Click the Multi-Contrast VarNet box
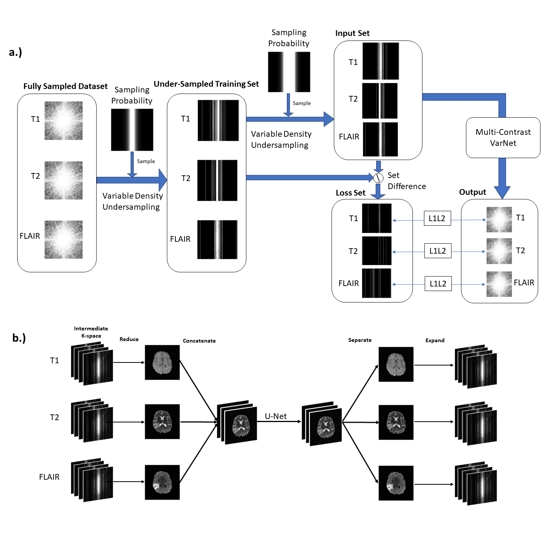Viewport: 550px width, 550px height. [503, 137]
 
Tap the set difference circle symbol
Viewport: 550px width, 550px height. [378, 178]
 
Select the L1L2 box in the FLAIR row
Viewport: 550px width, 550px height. [438, 284]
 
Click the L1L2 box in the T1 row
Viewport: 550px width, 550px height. [437, 218]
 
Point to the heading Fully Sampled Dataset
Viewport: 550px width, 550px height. [65, 86]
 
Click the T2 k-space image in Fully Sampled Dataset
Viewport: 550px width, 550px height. [63, 180]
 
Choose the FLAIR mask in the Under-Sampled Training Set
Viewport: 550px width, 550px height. [217, 239]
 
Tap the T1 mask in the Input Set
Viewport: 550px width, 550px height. [380, 61]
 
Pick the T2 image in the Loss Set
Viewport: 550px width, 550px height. [377, 251]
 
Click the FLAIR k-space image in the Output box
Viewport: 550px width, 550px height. [499, 284]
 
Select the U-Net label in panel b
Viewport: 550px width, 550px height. [276, 416]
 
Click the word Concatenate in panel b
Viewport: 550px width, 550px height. [199, 341]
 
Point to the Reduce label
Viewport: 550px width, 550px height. [129, 339]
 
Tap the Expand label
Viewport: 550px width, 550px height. [435, 340]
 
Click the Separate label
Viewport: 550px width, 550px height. [360, 340]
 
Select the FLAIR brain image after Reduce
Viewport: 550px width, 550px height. [162, 482]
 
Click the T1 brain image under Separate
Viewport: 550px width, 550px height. [396, 364]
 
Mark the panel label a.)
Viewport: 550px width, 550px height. [15, 52]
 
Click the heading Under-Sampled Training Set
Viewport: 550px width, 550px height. [206, 84]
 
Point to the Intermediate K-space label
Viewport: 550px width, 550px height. [91, 332]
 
